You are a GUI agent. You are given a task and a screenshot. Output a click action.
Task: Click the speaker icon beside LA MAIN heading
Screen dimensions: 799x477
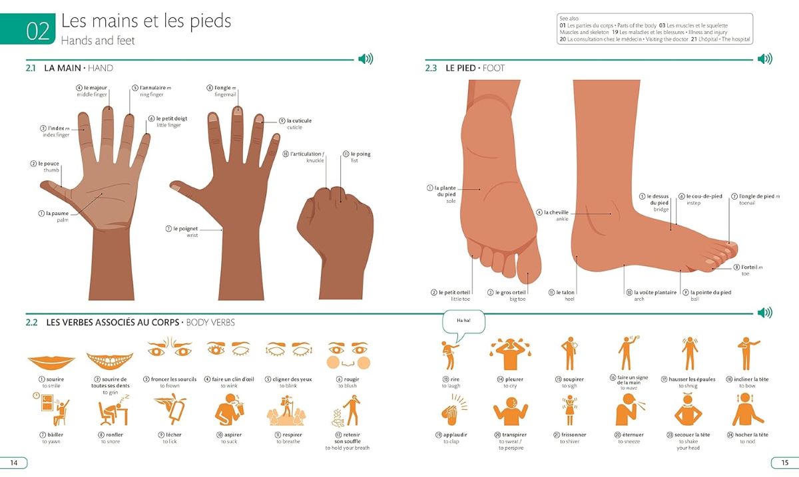pos(366,59)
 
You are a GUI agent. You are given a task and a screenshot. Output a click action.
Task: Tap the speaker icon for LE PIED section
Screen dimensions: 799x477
pos(765,59)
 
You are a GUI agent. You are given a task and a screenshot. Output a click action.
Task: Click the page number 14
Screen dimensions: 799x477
pos(14,463)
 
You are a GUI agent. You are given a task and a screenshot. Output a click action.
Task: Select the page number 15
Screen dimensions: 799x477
pos(785,463)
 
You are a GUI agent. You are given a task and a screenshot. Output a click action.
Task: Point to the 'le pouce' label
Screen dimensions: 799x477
pos(45,166)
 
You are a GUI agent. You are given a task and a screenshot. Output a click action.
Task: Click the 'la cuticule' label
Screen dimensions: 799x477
pos(296,124)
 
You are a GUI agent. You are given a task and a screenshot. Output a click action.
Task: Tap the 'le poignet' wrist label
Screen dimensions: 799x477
pos(182,232)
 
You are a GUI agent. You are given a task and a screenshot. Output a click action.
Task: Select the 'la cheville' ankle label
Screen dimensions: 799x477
pos(553,216)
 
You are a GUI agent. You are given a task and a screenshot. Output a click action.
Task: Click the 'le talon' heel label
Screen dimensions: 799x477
pos(562,295)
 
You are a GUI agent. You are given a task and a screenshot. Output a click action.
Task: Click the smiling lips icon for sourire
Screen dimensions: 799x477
pos(51,362)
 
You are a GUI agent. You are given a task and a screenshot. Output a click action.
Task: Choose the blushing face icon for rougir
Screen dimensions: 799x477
pos(348,355)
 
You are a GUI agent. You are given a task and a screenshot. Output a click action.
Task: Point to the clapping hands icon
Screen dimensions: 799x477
pos(453,410)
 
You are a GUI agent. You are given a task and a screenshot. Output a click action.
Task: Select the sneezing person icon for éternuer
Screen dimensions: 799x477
pos(630,410)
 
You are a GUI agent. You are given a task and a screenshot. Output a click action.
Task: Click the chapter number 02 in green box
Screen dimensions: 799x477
pos(38,31)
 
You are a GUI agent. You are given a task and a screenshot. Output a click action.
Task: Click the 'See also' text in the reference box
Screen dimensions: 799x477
pos(569,19)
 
